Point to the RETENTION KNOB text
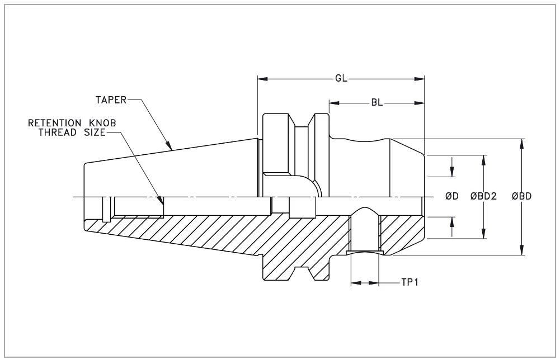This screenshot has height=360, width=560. tap(72, 122)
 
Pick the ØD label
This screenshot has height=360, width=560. tap(452, 196)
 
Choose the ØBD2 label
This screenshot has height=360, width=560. tap(484, 196)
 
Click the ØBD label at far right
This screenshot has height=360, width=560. tap(521, 196)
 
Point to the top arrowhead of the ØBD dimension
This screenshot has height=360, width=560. tap(521, 143)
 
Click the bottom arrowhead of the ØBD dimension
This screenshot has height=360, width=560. tap(521, 251)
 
